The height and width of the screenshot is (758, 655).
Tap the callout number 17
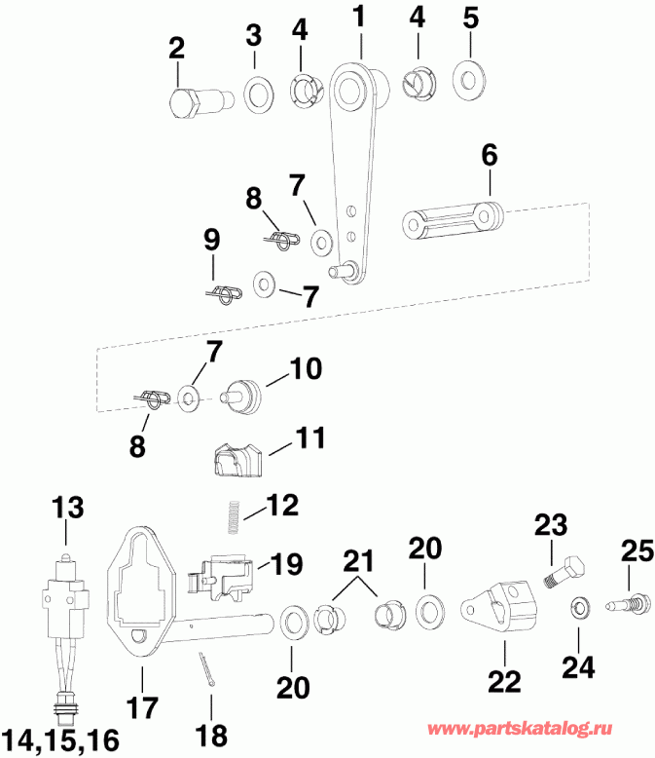pyautogui.click(x=143, y=704)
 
